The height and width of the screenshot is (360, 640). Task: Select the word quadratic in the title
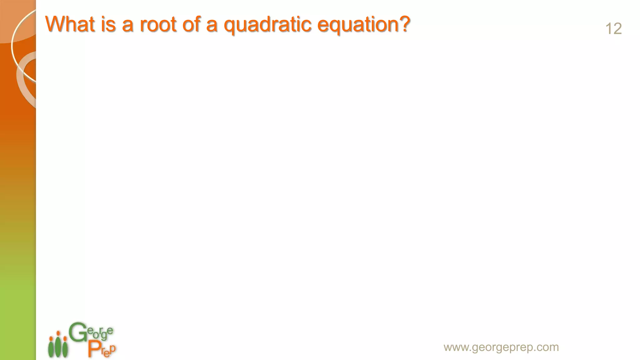click(x=267, y=25)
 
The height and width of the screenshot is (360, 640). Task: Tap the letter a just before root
click(x=127, y=26)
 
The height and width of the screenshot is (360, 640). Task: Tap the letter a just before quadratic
click(x=212, y=26)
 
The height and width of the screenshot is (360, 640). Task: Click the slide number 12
click(x=613, y=29)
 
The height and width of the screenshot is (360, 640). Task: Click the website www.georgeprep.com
click(x=501, y=347)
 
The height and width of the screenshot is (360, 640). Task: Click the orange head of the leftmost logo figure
click(x=51, y=338)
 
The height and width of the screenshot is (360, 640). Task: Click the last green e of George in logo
click(x=110, y=331)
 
